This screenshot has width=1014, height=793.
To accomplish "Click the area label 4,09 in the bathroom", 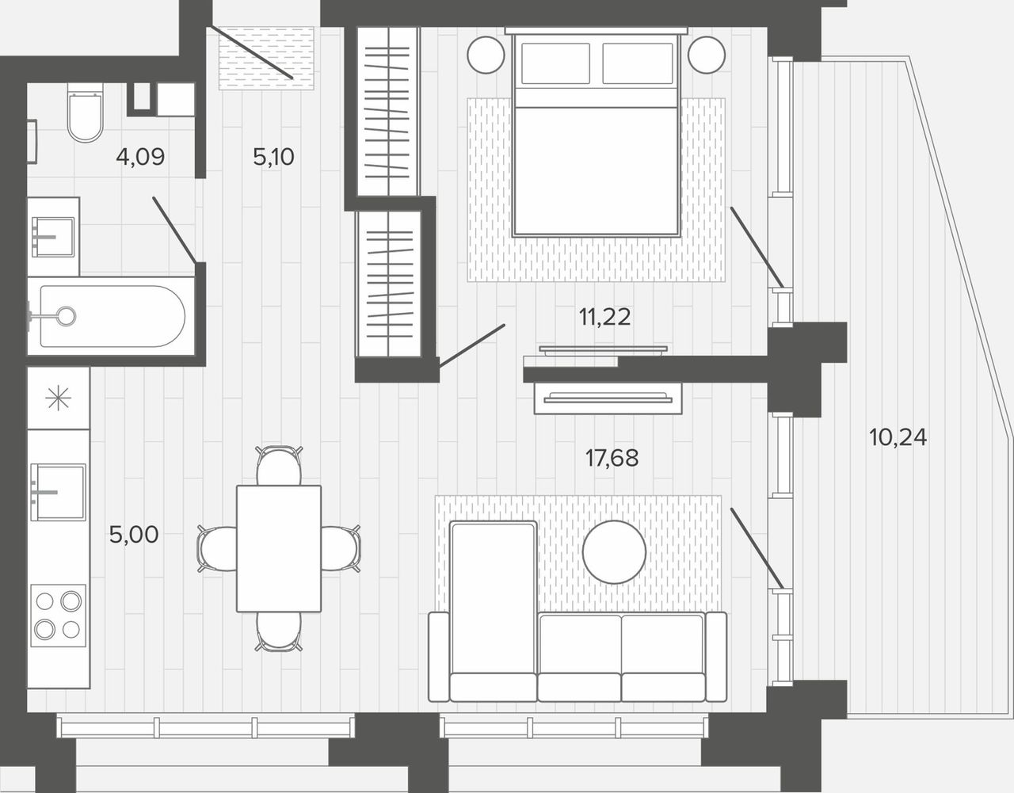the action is point(140,157).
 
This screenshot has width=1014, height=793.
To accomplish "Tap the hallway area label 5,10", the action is point(273,157).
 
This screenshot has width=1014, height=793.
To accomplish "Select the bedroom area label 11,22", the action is point(604,317).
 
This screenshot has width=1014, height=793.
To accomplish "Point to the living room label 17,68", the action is point(612,458).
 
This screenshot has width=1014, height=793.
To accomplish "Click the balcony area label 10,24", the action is point(898,437).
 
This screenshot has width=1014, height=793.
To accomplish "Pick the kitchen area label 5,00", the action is point(134,535).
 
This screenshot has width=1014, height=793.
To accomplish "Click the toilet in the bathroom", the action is point(85,112).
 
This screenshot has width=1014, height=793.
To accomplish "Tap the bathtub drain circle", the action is point(66,316).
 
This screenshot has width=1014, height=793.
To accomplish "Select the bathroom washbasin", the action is point(53,237).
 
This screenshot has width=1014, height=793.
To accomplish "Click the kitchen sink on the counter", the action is point(58,492).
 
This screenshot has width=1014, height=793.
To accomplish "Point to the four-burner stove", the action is point(59,616).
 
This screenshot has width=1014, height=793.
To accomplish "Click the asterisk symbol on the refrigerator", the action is point(59,398).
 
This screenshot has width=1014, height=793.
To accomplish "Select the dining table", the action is point(279,548).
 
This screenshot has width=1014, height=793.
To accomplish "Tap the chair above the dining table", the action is point(279,466).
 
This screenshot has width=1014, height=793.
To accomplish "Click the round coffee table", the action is point(614,552).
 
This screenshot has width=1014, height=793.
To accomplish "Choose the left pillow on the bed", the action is point(555,63).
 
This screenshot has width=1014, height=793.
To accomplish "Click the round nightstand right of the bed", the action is point(707,55).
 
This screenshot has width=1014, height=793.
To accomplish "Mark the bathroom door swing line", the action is point(174,230).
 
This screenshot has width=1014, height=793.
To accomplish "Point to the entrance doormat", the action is point(266,59).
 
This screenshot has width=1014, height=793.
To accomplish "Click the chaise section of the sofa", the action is point(494,611).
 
